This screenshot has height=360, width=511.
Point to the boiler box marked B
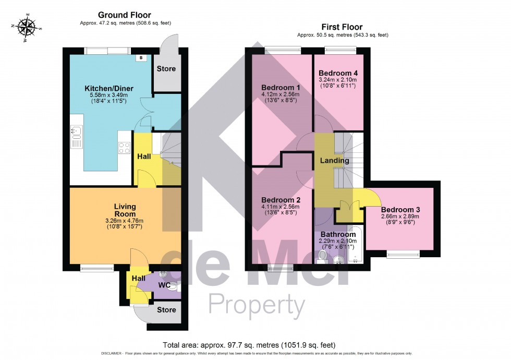click(141, 58)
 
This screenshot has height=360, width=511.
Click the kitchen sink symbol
click(76, 137)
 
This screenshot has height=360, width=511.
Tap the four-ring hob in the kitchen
click(124, 148)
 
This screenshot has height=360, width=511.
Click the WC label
click(165, 285)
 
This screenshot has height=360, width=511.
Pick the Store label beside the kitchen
click(166, 68)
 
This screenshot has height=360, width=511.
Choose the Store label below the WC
click(166, 310)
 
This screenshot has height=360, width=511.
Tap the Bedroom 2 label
click(280, 200)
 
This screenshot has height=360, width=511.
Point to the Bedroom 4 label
click(337, 73)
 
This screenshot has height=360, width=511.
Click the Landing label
click(335, 161)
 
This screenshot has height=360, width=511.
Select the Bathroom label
click(338, 234)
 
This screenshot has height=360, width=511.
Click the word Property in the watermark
click(257, 305)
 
